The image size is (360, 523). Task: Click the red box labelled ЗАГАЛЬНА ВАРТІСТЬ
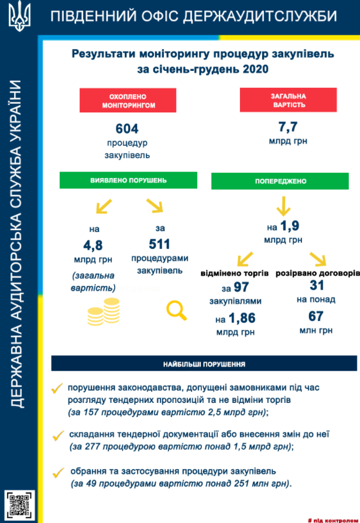pyautogui.click(x=288, y=100)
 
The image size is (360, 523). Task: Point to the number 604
pyautogui.click(x=127, y=129)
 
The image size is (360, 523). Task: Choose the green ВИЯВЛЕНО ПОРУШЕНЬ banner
pyautogui.click(x=128, y=180)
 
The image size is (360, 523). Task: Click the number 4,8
pyautogui.click(x=94, y=245)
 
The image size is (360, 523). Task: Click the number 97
pyautogui.click(x=241, y=288)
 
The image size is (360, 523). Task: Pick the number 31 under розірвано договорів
pyautogui.click(x=317, y=285)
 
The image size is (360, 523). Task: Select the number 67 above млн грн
pyautogui.click(x=316, y=316)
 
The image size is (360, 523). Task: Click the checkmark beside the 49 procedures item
pyautogui.click(x=57, y=472)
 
